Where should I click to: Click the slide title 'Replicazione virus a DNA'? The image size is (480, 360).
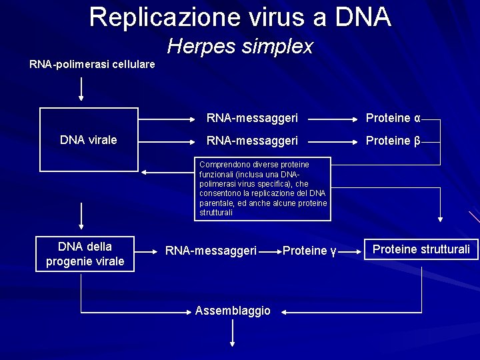[240, 17]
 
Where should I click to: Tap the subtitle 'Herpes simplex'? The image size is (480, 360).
[240, 47]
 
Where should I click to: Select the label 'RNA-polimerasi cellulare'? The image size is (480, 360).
[92, 65]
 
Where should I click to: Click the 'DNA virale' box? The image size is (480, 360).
[88, 140]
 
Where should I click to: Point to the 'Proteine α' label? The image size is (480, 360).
[393, 119]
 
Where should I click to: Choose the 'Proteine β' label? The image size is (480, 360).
[393, 141]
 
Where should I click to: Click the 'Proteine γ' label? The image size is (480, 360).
[309, 251]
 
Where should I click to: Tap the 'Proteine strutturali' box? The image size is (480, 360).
[421, 249]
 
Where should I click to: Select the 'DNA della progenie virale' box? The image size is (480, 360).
[85, 254]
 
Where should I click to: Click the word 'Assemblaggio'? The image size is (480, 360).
[233, 311]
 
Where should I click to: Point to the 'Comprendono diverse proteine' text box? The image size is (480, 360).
[263, 189]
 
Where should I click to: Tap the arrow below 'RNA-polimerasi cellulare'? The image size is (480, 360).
[81, 89]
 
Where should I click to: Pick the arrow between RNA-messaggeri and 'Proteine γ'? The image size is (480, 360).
[269, 251]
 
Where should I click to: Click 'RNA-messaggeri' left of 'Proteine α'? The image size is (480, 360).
[252, 119]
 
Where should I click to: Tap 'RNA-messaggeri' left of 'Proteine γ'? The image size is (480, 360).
[211, 251]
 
